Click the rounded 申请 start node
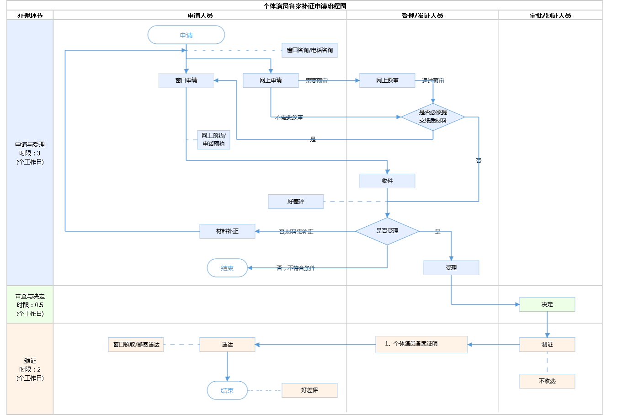[186, 35]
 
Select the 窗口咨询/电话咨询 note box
[309, 50]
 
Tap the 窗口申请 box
[186, 80]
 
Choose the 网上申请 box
[271, 80]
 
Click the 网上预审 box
[387, 80]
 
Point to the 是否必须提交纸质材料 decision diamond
[433, 117]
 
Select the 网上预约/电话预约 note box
[213, 140]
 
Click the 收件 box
[387, 181]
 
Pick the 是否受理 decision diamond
[387, 231]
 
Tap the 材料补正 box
[227, 231]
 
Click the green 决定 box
[547, 304]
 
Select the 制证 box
[547, 345]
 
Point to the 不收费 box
[547, 381]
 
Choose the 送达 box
[227, 345]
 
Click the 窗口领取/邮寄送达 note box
[136, 345]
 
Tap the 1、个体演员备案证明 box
[421, 344]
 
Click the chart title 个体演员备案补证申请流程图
[305, 6]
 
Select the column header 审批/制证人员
[550, 16]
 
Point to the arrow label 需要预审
[317, 81]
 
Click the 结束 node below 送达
[227, 390]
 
